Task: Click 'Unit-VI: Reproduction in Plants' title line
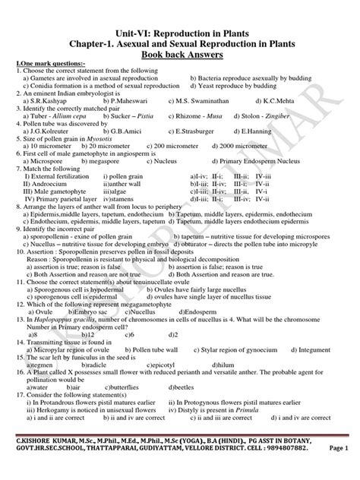point(180,22)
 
